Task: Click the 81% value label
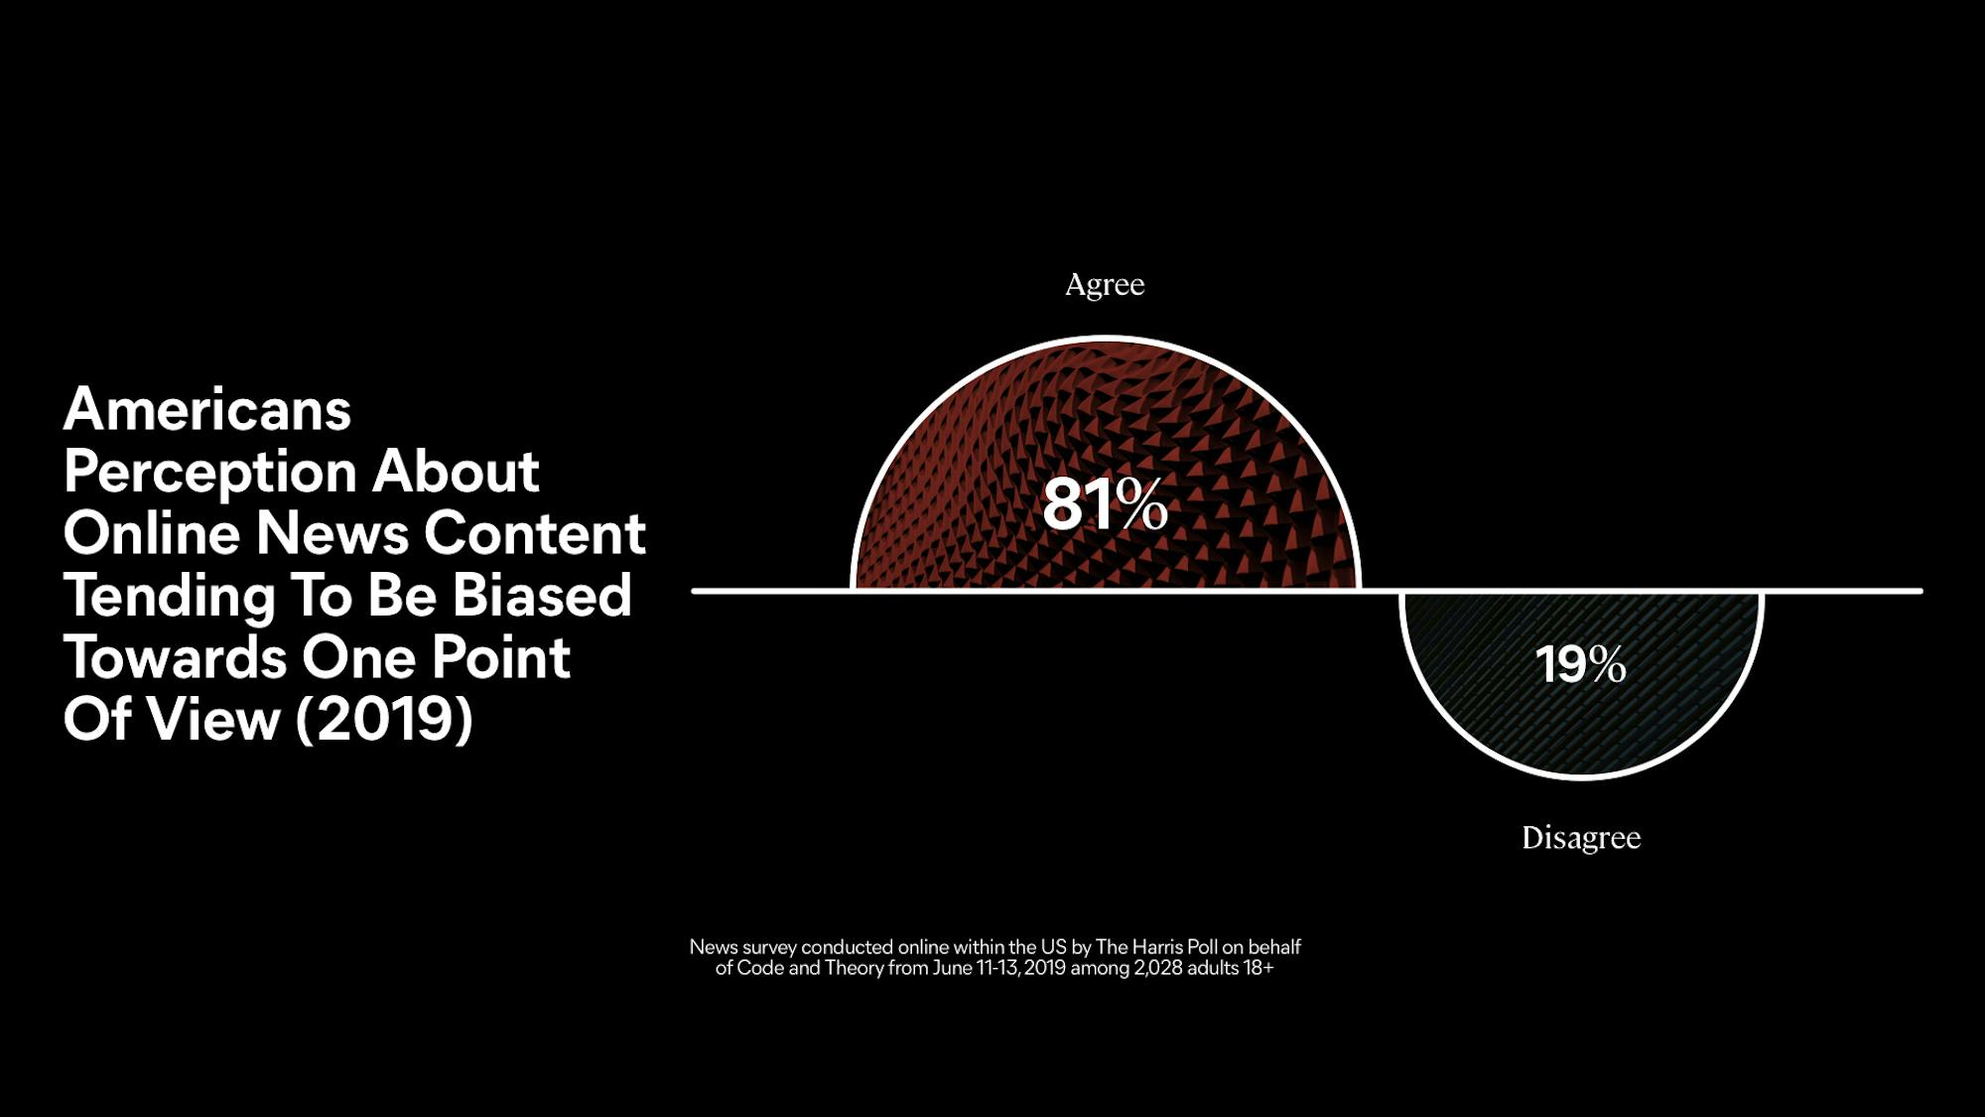tap(1105, 504)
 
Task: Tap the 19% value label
tap(1581, 664)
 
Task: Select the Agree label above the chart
tap(1105, 286)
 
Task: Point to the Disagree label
tap(1581, 838)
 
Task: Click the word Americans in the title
tap(207, 409)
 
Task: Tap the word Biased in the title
tap(542, 596)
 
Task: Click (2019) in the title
tap(384, 719)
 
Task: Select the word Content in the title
tap(535, 533)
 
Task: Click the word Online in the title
tap(152, 533)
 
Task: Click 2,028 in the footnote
tap(1158, 968)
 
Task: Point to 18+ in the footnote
tap(1258, 968)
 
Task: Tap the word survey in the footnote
tap(769, 948)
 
